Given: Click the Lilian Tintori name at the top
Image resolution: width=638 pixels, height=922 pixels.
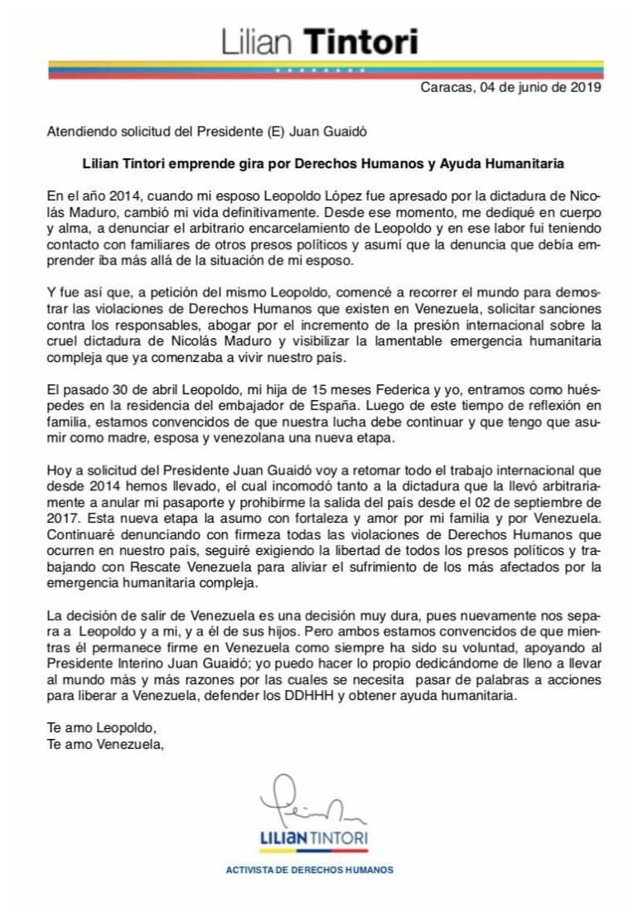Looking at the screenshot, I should tap(319, 41).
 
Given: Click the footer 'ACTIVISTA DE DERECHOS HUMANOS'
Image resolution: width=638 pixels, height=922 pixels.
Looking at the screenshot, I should tap(310, 870).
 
